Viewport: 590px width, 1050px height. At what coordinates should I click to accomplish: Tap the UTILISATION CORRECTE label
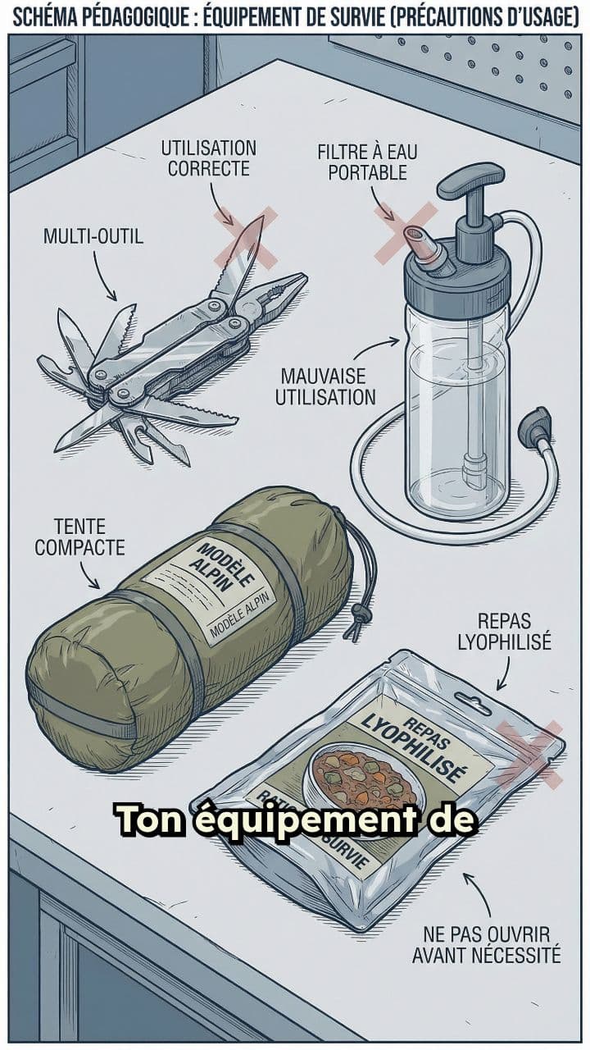coord(208,158)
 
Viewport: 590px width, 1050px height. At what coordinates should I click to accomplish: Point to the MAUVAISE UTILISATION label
coord(325,387)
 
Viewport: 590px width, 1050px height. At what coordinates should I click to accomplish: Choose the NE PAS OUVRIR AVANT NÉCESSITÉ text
coord(487,944)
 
